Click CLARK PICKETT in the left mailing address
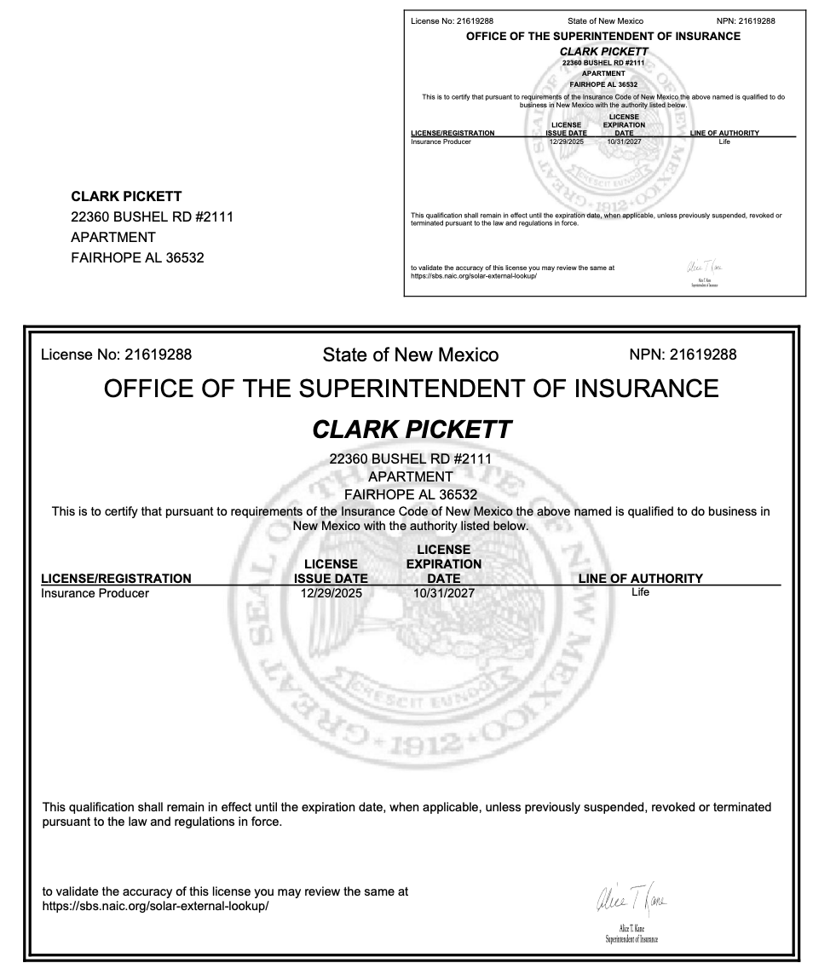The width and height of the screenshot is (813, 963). click(x=126, y=197)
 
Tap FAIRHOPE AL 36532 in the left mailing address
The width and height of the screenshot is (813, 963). click(x=137, y=258)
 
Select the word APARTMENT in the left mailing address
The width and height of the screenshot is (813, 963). click(x=113, y=238)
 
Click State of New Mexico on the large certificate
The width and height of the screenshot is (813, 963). click(x=411, y=355)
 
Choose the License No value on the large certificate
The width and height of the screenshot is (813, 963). click(x=159, y=355)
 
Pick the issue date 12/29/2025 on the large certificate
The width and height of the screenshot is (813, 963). click(x=332, y=593)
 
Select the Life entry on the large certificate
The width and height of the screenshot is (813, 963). click(x=640, y=592)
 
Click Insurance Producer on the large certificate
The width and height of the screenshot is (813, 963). click(x=95, y=593)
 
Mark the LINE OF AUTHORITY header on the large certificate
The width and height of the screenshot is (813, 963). click(x=641, y=579)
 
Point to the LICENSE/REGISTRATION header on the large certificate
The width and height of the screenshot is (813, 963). click(x=116, y=579)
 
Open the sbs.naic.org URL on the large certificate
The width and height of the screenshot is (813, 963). click(x=156, y=906)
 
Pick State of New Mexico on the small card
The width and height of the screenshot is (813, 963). click(x=605, y=20)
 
